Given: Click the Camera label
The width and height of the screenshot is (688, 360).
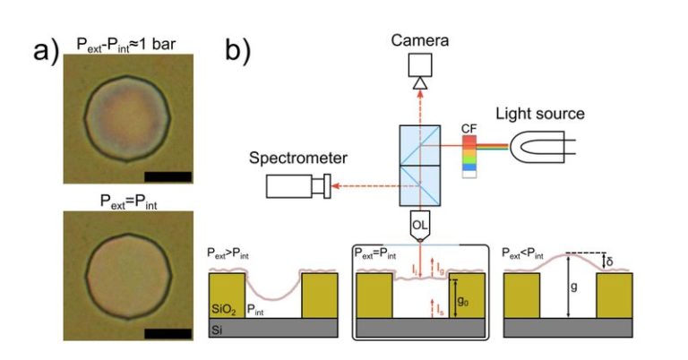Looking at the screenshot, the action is point(420,40).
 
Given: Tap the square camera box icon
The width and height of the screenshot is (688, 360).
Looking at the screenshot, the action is point(420,64).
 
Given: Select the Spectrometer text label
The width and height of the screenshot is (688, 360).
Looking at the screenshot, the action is point(298,158).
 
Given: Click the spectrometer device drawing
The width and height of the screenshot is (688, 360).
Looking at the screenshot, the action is point(298,186).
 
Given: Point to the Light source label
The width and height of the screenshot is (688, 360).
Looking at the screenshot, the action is point(540,114).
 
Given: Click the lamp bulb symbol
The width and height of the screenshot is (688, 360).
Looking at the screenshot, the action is point(542,147).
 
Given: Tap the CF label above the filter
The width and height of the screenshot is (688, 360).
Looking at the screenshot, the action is point(469,129).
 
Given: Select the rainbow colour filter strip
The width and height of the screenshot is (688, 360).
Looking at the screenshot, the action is point(469,157).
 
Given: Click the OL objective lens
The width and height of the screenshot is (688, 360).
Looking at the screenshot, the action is point(420,226).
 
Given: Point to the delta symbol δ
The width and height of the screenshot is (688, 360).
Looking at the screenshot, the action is point(609,262).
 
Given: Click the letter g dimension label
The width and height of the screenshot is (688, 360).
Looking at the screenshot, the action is point(573,287).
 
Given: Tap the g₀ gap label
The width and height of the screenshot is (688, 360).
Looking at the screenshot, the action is point(463,301).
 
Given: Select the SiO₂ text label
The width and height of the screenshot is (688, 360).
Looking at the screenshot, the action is point(223,310).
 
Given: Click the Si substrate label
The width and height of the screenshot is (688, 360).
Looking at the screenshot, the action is point(216,330).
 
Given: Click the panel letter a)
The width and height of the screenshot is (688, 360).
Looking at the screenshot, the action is point(46,50).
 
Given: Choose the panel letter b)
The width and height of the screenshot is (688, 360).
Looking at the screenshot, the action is point(237,49).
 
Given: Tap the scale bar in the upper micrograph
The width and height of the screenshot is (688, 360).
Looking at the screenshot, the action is point(168,176).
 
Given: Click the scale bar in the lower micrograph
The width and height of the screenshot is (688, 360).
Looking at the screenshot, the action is point(168,334).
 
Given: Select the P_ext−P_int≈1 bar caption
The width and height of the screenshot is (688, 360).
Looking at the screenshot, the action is point(126,45).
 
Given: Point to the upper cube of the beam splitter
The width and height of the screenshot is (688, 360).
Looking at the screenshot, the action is point(420,145).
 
